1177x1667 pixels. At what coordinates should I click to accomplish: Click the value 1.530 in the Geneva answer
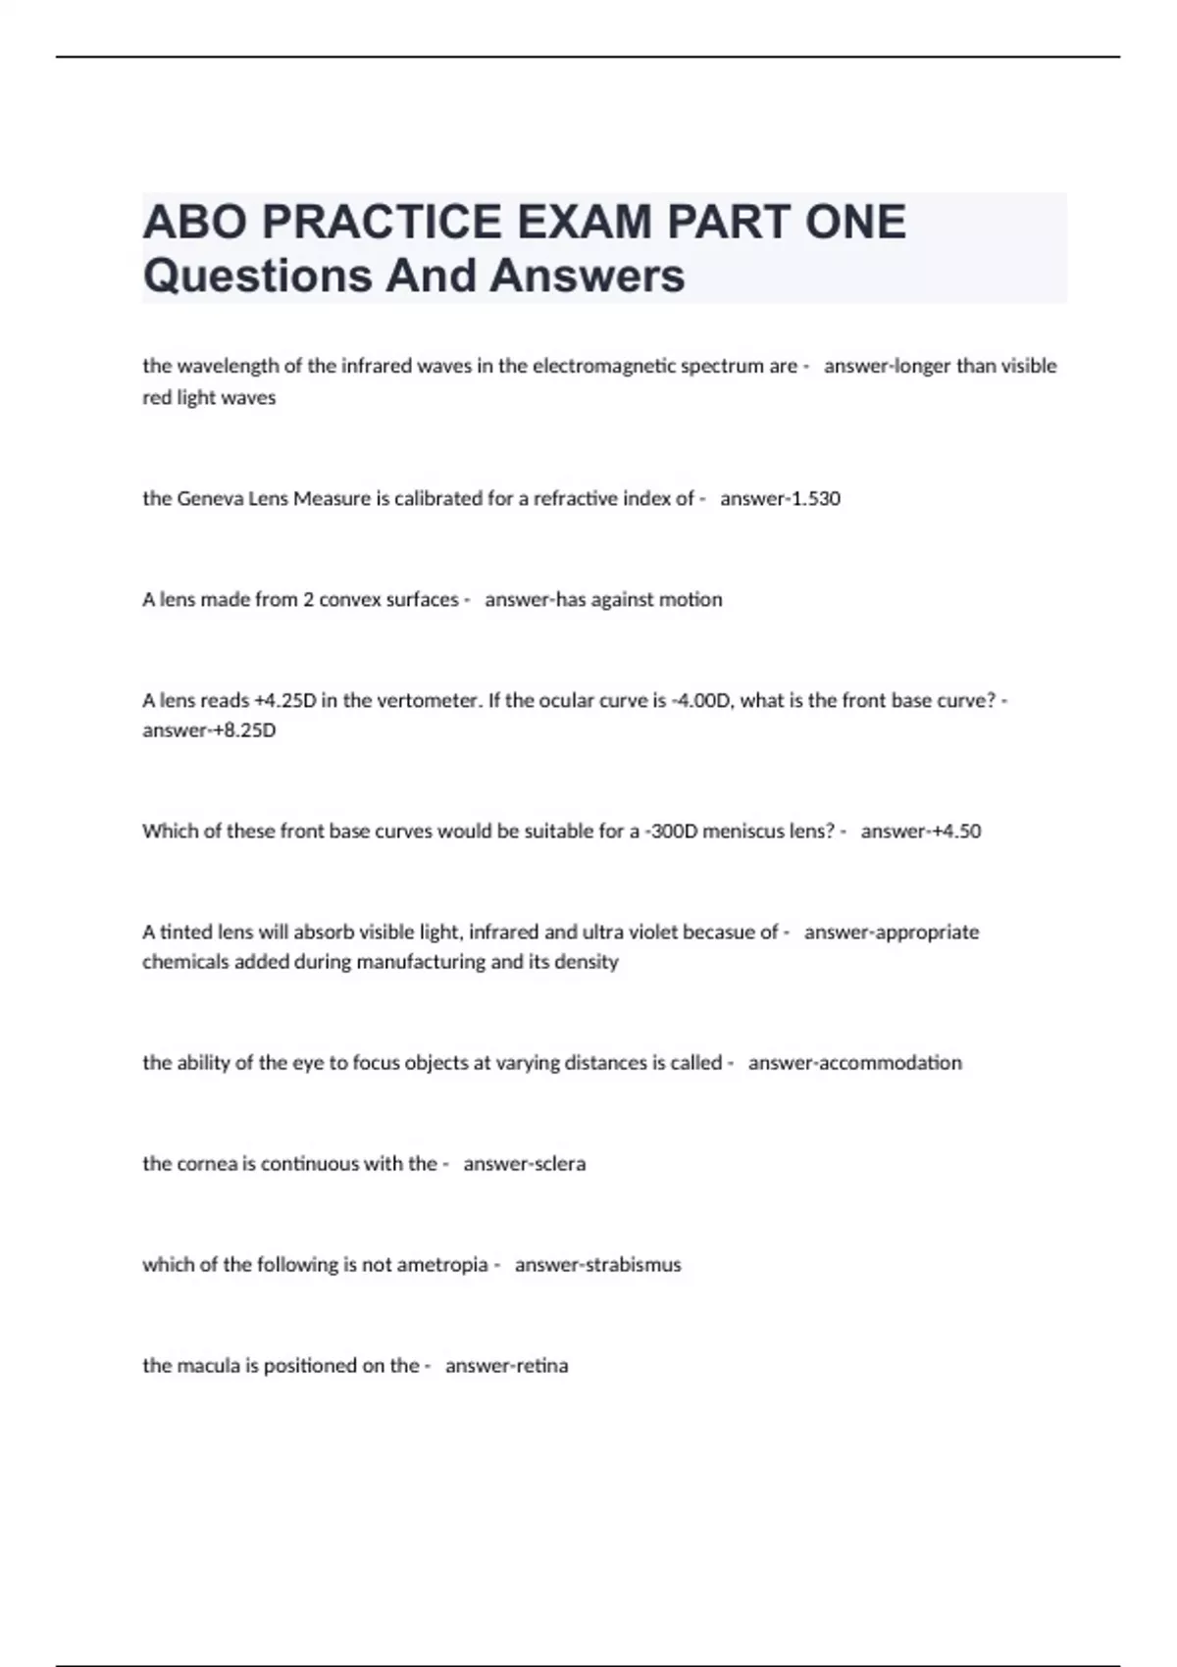816,498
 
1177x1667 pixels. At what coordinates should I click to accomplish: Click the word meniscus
743,831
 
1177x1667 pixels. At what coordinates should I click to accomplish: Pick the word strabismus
633,1265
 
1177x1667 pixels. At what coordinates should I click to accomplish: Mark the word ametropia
441,1265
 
